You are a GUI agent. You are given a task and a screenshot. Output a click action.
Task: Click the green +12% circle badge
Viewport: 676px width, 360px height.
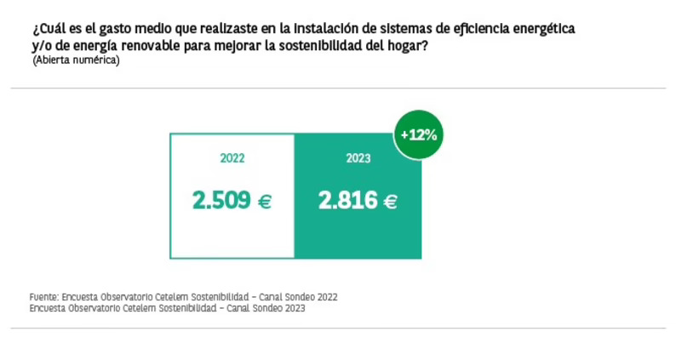coord(418,134)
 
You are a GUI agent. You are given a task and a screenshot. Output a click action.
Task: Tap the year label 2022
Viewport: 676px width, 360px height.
coord(232,158)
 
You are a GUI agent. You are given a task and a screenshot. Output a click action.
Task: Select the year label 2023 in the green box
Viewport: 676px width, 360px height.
coord(358,158)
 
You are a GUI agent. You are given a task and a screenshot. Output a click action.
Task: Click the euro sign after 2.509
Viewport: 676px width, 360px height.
coord(264,202)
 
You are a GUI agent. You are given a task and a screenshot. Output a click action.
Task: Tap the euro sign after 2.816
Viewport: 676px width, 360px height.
coord(390,202)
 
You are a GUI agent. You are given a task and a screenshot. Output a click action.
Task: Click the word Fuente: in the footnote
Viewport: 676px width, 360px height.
coord(44,297)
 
